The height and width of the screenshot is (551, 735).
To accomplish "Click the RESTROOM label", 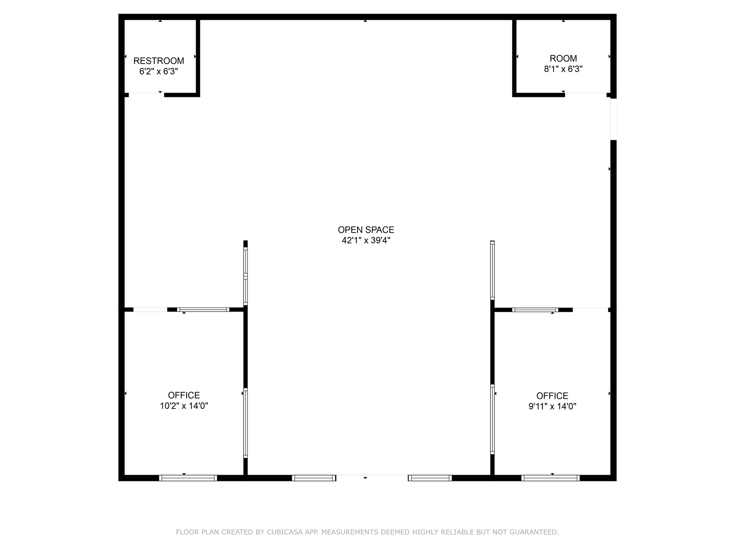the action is click(x=159, y=61).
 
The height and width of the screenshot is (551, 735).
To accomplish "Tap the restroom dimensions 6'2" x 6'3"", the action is click(x=159, y=71).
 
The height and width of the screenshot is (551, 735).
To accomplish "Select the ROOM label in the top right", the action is click(x=563, y=58).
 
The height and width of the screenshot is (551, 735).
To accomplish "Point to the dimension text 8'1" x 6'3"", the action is click(x=563, y=69).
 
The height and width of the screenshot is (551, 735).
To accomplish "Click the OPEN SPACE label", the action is click(x=366, y=230).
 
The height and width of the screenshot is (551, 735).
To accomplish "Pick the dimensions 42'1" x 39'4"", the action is click(x=366, y=241).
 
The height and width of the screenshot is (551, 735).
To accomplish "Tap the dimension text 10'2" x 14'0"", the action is click(x=184, y=406).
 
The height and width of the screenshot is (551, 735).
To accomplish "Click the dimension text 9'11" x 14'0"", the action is click(x=552, y=406).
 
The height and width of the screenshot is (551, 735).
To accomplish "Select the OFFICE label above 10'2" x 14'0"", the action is click(x=184, y=395).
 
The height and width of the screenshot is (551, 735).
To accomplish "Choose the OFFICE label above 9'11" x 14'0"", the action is click(x=552, y=396).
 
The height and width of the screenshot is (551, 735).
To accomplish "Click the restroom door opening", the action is click(x=146, y=95).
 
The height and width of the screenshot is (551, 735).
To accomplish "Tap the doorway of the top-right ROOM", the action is click(x=586, y=95).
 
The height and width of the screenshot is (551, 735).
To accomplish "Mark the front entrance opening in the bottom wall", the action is click(x=372, y=478).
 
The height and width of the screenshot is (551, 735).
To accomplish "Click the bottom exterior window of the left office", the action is click(x=188, y=478).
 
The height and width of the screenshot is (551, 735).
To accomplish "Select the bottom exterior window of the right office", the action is click(x=551, y=478).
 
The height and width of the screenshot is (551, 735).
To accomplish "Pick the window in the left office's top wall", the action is click(x=203, y=310).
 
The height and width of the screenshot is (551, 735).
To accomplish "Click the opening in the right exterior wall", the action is click(x=613, y=119).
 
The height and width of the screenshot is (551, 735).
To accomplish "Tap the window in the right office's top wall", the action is click(x=535, y=310).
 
